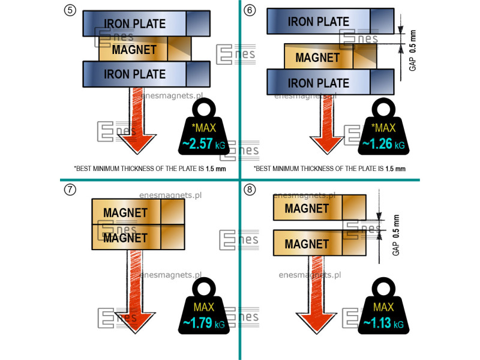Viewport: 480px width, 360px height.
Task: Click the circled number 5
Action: click(70, 10)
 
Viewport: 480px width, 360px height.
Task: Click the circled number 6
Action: click(250, 10)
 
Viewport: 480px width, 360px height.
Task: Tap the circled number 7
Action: click(70, 190)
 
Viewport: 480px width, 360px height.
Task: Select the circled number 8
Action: click(250, 190)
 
